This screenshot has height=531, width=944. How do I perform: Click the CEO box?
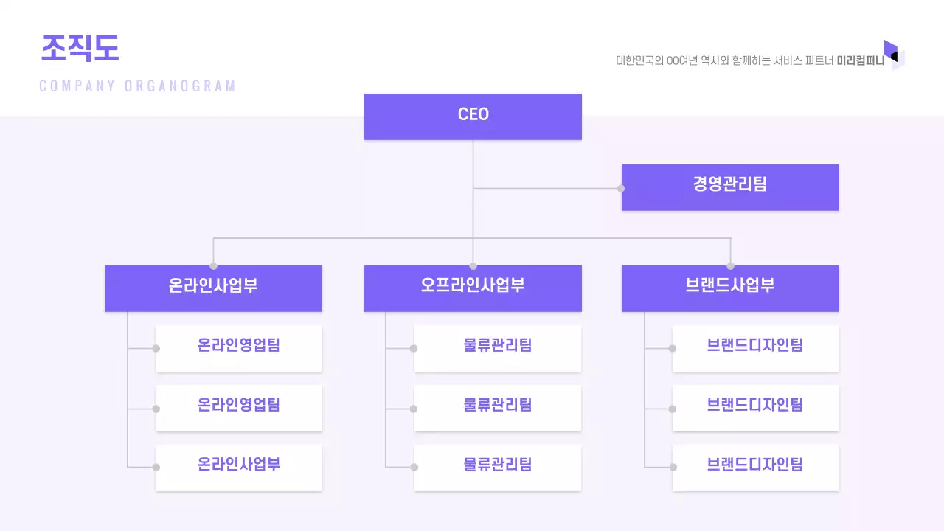point(473,116)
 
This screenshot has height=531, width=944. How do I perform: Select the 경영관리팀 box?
point(730,187)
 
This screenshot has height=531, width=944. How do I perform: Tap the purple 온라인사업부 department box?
point(213,288)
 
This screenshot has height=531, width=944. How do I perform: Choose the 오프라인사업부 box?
point(473,288)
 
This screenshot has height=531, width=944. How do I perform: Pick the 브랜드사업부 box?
point(730,288)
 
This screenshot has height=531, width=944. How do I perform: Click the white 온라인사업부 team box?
point(239,467)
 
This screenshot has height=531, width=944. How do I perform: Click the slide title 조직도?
point(80,49)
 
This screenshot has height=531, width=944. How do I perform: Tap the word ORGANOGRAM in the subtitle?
point(181,86)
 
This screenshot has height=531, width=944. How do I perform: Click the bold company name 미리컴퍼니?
point(860,61)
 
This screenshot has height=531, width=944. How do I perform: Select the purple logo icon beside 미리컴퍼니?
point(893,55)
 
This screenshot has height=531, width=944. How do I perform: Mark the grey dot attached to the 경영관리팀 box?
point(621,188)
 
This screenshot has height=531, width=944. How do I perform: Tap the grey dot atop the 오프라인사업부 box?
point(473,266)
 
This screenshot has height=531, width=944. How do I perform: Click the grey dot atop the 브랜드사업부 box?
point(730,266)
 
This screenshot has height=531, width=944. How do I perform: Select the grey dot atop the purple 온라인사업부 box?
point(213,266)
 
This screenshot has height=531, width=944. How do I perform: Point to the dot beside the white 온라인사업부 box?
point(156,467)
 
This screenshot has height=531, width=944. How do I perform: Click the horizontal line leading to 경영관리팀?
point(546,188)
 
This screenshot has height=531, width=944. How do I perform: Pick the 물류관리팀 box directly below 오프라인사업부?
point(498,347)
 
